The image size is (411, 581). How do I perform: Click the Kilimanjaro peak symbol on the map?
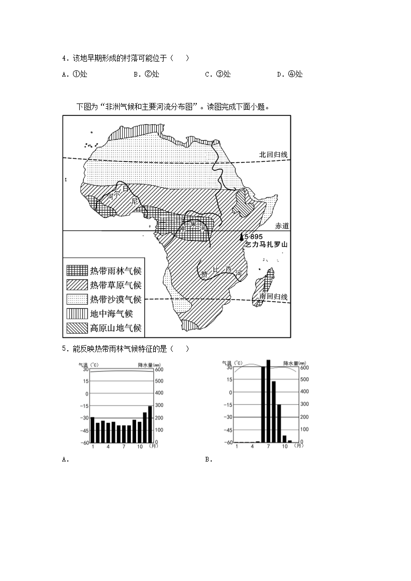tap(241, 237)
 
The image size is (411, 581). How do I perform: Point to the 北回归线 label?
tap(273, 155)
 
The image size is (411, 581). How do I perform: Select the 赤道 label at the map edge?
tap(283, 226)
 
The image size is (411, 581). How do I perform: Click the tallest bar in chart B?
tap(268, 401)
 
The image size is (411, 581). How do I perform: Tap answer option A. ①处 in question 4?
tap(75, 74)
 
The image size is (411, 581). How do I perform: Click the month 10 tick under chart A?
tap(140, 446)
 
